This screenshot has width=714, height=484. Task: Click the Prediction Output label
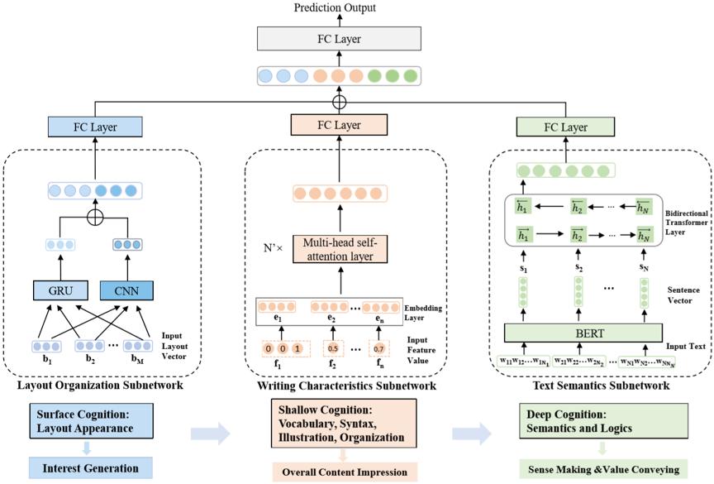(340, 7)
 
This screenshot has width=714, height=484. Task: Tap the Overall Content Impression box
(344, 471)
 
